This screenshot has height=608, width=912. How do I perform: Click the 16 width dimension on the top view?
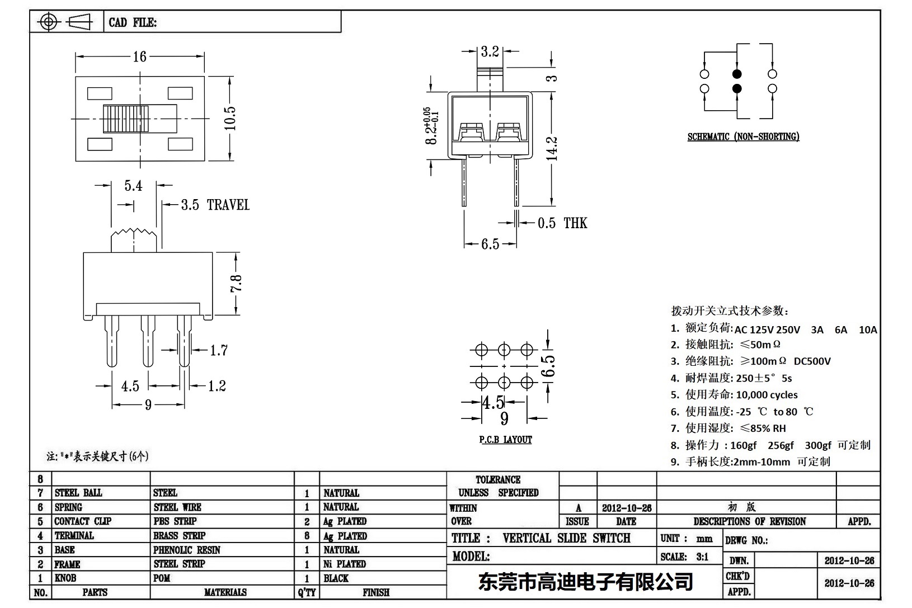139,56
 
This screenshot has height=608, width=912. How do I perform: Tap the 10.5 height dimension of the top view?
230,118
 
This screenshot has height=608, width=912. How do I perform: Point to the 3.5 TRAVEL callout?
215,205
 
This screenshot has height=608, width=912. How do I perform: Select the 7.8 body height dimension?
236,283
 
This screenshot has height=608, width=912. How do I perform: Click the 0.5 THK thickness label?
562,223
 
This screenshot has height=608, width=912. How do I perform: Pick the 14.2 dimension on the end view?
552,148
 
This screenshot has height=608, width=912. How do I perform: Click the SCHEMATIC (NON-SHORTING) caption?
743,136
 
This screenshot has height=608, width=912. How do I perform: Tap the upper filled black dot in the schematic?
737,74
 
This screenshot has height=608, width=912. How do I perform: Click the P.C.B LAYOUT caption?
505,440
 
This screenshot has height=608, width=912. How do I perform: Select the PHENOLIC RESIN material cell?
187,550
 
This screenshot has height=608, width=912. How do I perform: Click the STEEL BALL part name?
78,493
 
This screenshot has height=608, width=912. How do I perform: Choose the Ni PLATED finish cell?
345,564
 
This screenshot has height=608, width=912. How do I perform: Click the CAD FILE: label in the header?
133,22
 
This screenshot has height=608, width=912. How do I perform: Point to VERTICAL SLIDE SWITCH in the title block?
566,538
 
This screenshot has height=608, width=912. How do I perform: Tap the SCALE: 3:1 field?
684,557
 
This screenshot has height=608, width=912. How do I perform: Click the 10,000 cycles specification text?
767,395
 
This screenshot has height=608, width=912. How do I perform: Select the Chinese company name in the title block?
585,582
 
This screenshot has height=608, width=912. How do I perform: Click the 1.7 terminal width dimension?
219,351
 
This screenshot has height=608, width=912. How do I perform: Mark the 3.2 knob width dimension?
490,51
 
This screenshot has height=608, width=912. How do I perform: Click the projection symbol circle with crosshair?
49,22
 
